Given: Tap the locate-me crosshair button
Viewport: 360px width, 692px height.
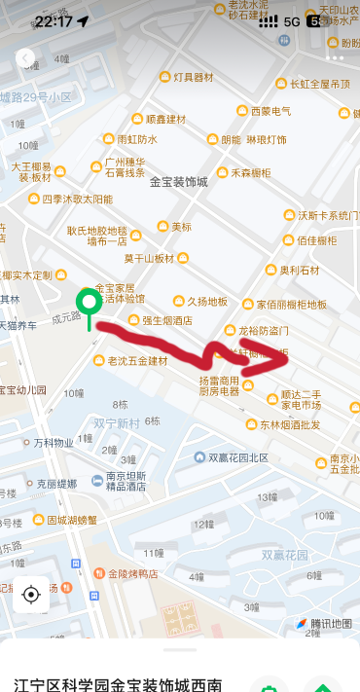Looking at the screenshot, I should click(x=30, y=594).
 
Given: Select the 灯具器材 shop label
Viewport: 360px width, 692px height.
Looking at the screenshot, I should click(x=193, y=77).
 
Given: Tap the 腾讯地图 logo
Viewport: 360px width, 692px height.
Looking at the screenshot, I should click(x=325, y=624).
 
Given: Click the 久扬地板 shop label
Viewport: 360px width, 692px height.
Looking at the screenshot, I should click(x=206, y=302).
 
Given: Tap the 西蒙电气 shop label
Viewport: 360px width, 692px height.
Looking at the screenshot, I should click(x=270, y=111).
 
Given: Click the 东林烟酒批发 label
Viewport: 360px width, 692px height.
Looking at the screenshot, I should click(x=290, y=424).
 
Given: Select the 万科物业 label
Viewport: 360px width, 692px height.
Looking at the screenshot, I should click(x=54, y=443).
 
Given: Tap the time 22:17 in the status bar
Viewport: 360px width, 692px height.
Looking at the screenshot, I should click(x=54, y=20).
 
